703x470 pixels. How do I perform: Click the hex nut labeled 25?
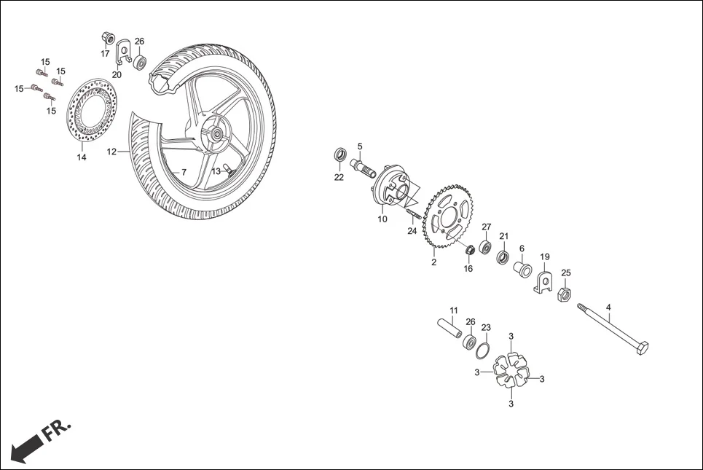coord(563,294)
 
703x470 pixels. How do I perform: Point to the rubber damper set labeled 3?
coord(512,370)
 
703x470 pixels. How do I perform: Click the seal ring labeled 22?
coord(339,155)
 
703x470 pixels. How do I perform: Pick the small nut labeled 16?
coord(470,251)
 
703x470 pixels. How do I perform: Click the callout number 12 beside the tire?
coord(111,152)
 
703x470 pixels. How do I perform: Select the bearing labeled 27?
coord(485,242)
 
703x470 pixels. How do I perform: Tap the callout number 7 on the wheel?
coord(184,172)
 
